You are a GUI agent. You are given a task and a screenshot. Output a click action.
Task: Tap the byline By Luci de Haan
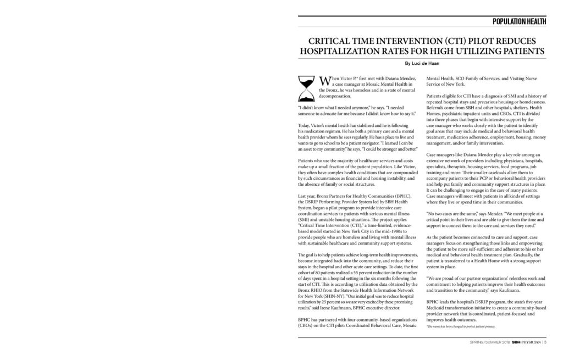[422, 63]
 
